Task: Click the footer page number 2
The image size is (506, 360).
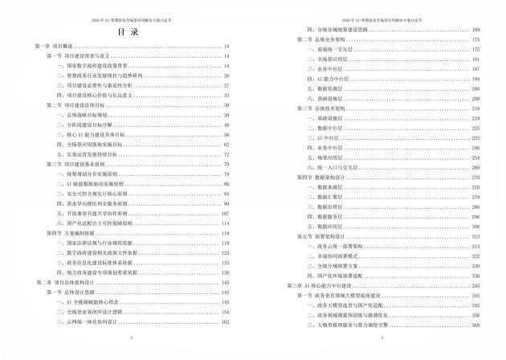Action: tap(128, 338)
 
